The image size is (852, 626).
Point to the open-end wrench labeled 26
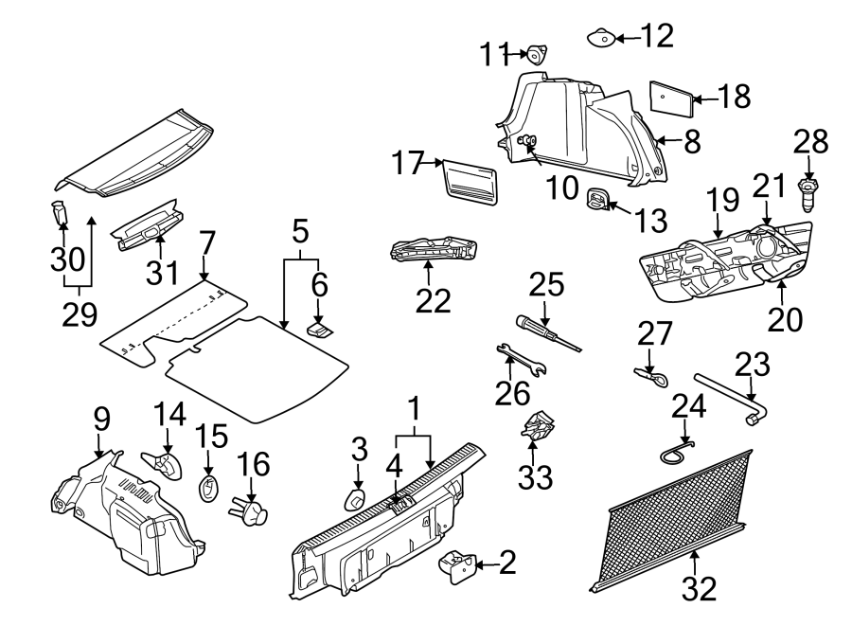(520, 361)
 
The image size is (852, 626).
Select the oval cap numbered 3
(355, 499)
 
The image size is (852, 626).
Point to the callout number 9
(103, 418)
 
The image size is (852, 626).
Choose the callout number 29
(80, 315)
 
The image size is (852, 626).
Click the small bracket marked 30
(60, 211)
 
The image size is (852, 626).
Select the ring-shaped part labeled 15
(209, 489)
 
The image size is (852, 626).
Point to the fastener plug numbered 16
(250, 512)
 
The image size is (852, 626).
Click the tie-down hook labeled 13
(596, 198)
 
